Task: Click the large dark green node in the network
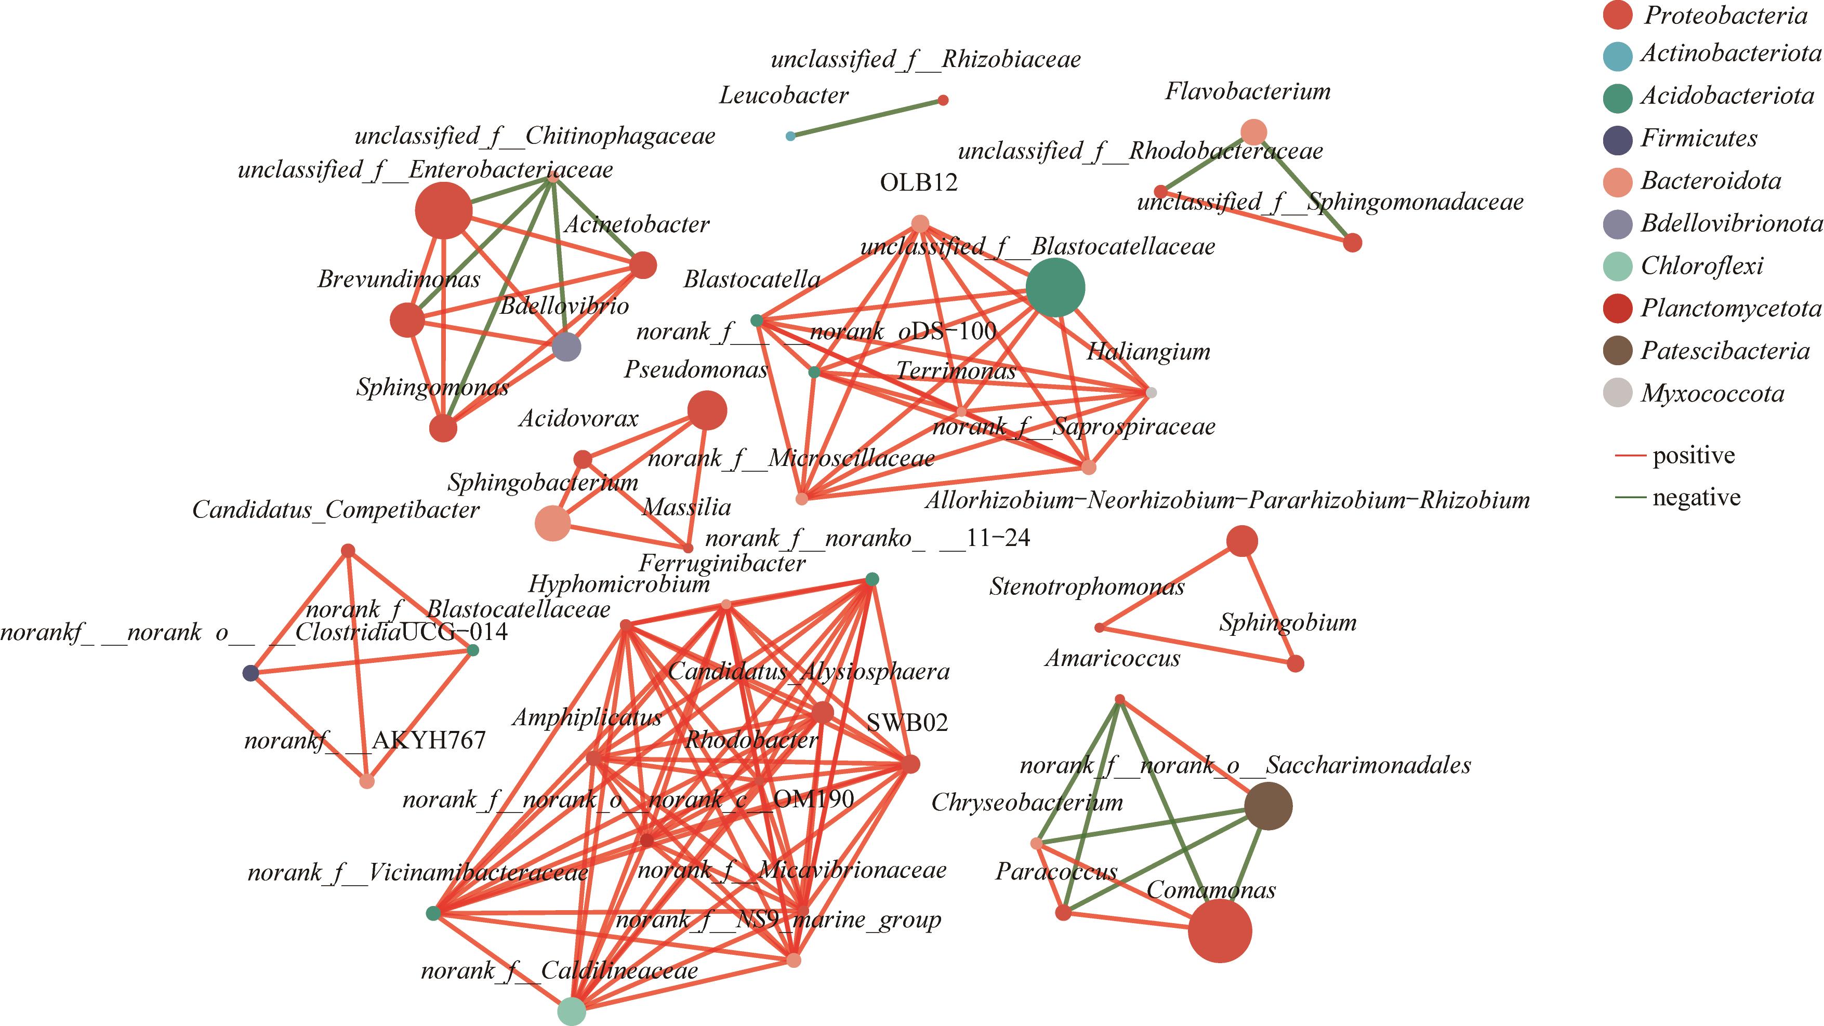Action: [1055, 287]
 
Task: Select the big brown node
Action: [1268, 806]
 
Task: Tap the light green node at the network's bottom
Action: [572, 1011]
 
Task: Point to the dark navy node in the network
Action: [250, 673]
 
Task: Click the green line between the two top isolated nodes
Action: [867, 117]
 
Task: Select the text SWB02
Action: [907, 722]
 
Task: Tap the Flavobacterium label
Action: [1248, 91]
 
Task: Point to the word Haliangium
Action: [1148, 351]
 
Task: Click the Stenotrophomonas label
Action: [1086, 587]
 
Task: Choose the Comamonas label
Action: [1211, 889]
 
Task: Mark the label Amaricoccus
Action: [1113, 659]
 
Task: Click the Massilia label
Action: [686, 507]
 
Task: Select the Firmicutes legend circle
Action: [1618, 139]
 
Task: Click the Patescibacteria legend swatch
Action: [1618, 351]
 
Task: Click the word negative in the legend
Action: [1697, 498]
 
